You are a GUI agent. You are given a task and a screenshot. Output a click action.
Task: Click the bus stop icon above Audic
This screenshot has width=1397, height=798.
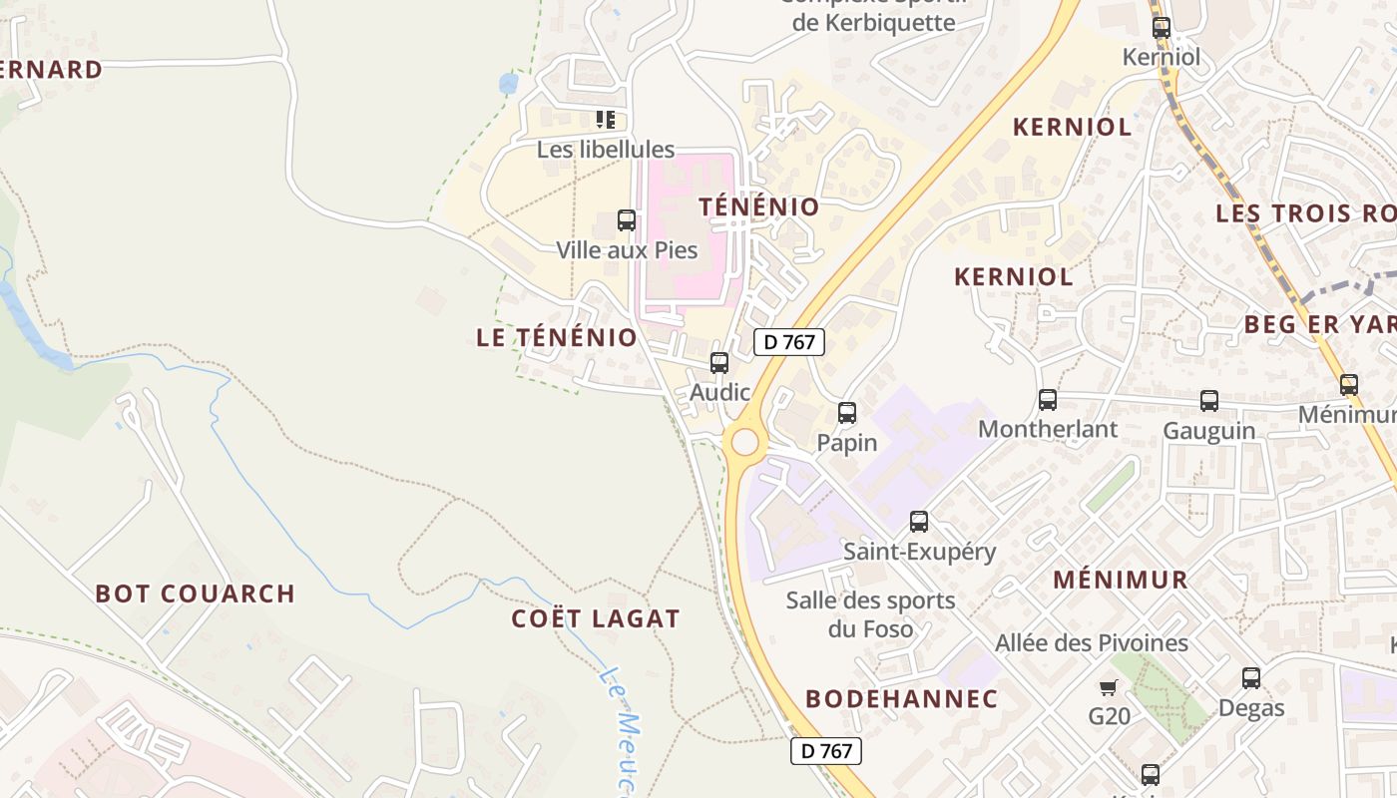719,363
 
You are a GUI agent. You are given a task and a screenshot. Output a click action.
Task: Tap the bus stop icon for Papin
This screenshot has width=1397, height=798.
847,412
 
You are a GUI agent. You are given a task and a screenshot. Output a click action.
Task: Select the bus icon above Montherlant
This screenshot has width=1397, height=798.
1048,400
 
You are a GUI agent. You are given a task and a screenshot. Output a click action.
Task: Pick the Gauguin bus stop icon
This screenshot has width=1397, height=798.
1209,401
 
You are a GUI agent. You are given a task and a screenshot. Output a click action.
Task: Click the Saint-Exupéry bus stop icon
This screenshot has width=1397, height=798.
919,521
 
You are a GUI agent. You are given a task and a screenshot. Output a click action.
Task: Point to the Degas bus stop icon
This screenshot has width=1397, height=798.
1251,678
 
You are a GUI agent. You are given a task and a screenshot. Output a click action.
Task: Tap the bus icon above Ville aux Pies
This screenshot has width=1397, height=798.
627,220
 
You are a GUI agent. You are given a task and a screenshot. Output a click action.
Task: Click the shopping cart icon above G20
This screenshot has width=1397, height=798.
1108,687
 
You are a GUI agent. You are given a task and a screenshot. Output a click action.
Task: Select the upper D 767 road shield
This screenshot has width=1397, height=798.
788,342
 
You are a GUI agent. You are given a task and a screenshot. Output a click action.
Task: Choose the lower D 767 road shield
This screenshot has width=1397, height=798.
825,751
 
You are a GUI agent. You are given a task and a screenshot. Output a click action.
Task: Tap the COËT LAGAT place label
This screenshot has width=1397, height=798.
596,618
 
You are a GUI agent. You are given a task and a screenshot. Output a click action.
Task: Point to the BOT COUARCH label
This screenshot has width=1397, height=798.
196,594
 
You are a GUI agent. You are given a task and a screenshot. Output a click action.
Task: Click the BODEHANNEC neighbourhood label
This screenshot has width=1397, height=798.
902,698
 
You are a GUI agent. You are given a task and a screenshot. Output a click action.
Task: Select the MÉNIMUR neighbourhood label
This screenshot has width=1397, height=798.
1121,580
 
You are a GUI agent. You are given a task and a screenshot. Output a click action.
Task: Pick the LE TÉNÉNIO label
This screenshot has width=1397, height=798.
557,337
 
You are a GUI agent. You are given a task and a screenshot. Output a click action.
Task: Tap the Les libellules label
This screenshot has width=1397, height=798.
606,150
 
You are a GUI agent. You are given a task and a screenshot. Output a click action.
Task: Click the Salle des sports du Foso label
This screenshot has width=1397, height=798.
870,614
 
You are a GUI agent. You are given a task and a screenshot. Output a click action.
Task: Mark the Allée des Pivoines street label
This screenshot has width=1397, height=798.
1092,643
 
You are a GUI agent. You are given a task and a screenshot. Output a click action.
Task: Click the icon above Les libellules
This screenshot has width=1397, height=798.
606,121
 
